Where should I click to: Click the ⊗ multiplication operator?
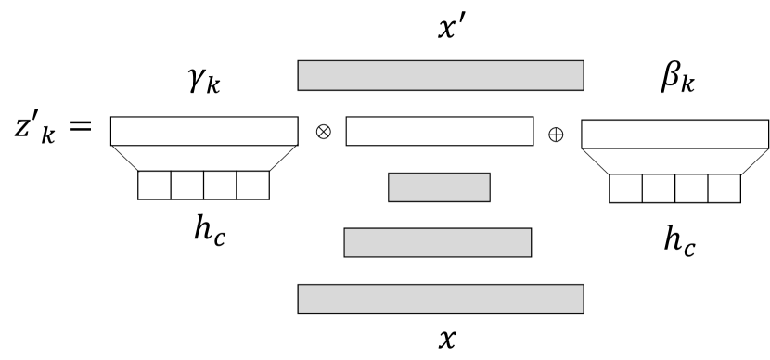click(x=323, y=132)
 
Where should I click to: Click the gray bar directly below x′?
click(x=440, y=75)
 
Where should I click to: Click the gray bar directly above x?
click(x=440, y=298)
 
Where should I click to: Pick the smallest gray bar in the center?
click(x=439, y=187)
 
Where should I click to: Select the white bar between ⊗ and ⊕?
click(x=440, y=132)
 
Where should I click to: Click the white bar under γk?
click(x=204, y=132)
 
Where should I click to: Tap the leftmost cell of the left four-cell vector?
click(x=154, y=186)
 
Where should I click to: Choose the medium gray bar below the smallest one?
click(x=438, y=242)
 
